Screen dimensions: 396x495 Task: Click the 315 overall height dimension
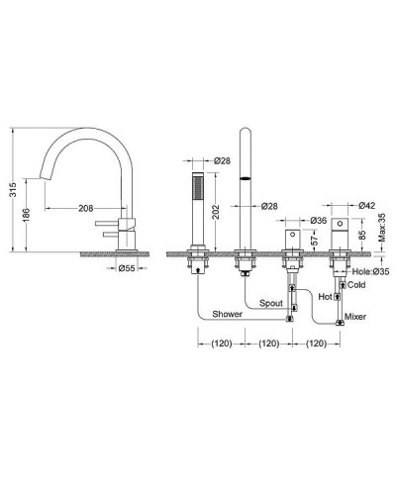pos(13,189)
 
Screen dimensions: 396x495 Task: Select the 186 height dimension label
pos(27,215)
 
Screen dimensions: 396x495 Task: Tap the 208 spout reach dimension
pos(86,208)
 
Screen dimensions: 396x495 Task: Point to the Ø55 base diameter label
pos(127,268)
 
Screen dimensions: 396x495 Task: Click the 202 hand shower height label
pos(215,212)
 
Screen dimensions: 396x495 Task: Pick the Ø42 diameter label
pos(367,205)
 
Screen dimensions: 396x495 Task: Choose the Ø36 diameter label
pos(319,221)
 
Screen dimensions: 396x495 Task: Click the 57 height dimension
pos(315,239)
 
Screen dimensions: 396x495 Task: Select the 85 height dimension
pos(362,235)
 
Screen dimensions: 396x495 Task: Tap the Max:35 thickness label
pos(382,228)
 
